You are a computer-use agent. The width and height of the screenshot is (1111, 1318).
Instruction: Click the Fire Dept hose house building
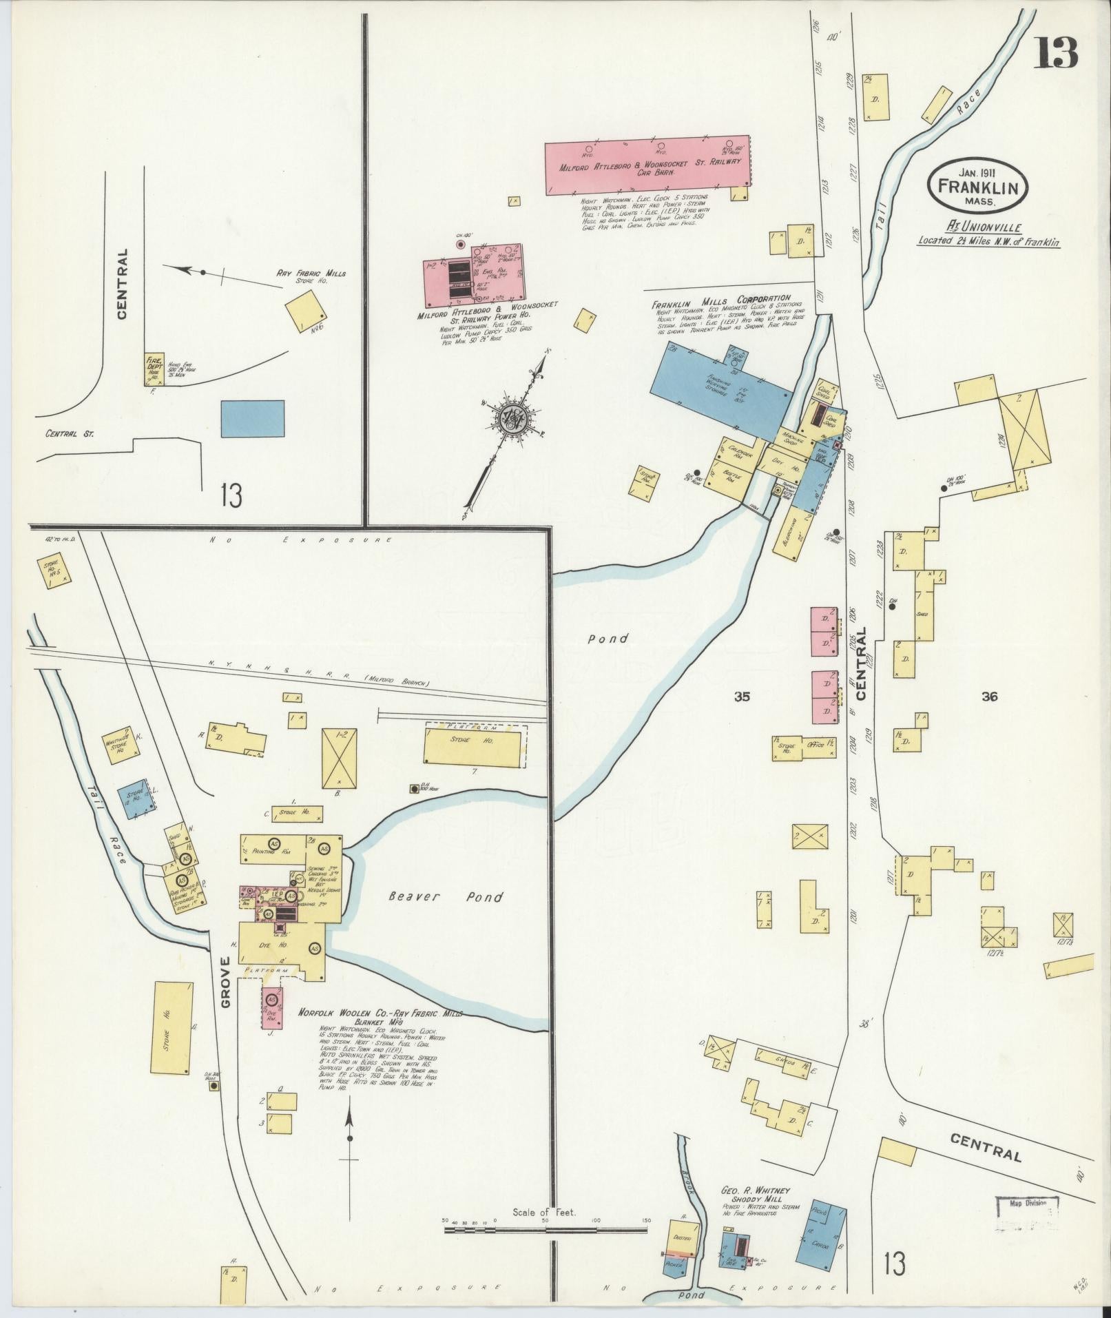(x=154, y=369)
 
